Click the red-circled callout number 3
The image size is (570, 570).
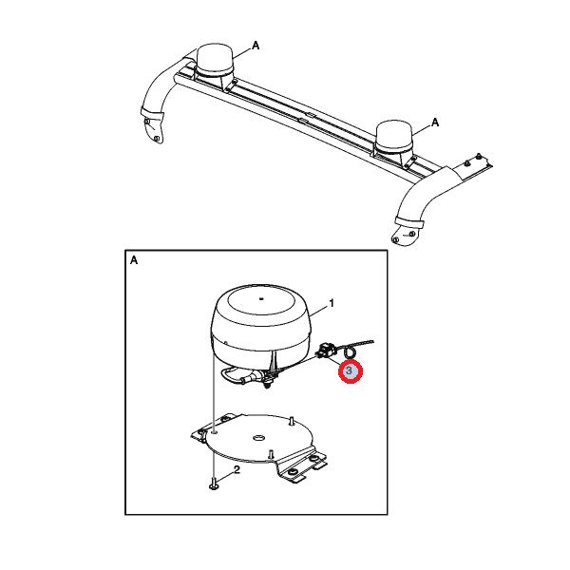350,370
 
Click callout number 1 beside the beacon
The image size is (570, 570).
332,303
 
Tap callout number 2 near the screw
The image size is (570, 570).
237,469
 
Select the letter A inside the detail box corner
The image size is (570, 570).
134,260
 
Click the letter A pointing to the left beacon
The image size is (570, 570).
256,46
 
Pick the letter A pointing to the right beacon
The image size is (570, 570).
435,123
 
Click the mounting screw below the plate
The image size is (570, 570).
214,484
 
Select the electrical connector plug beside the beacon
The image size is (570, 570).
326,351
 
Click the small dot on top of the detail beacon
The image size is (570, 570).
261,299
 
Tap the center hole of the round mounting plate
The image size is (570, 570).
258,438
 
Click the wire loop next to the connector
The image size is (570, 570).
351,351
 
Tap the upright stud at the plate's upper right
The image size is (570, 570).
292,421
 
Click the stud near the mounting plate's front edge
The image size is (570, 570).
270,453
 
